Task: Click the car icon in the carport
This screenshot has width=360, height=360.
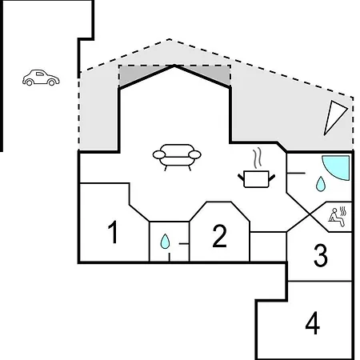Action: pyautogui.click(x=41, y=78)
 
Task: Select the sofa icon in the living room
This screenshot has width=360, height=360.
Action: pyautogui.click(x=177, y=157)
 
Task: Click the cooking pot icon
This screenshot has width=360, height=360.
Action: pyautogui.click(x=256, y=179)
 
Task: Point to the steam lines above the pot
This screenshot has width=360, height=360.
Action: pyautogui.click(x=258, y=158)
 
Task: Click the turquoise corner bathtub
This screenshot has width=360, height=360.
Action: pyautogui.click(x=336, y=168)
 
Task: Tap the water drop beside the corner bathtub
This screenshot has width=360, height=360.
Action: pyautogui.click(x=320, y=184)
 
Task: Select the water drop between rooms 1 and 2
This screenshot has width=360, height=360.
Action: pyautogui.click(x=165, y=242)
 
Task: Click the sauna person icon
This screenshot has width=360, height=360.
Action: pyautogui.click(x=338, y=217)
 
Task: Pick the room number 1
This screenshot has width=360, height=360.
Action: pyautogui.click(x=114, y=232)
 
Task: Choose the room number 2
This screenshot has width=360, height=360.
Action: pyautogui.click(x=220, y=236)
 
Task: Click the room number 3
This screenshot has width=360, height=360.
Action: pyautogui.click(x=320, y=255)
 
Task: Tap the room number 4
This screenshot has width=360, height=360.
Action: pyautogui.click(x=313, y=322)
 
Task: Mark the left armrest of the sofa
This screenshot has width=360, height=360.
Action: pyautogui.click(x=159, y=154)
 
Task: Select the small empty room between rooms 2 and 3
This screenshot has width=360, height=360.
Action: pyautogui.click(x=268, y=246)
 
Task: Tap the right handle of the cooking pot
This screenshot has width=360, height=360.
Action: pyautogui.click(x=272, y=178)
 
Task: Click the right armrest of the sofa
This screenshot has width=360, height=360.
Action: pyautogui.click(x=194, y=154)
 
